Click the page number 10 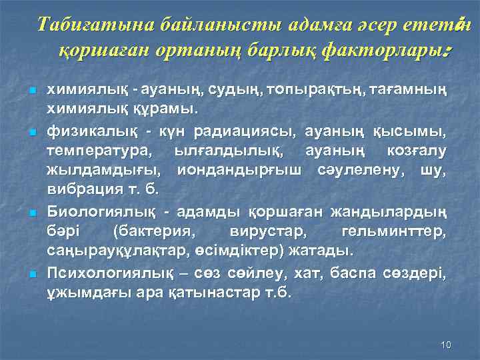click(447, 344)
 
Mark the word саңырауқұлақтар click(120, 251)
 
